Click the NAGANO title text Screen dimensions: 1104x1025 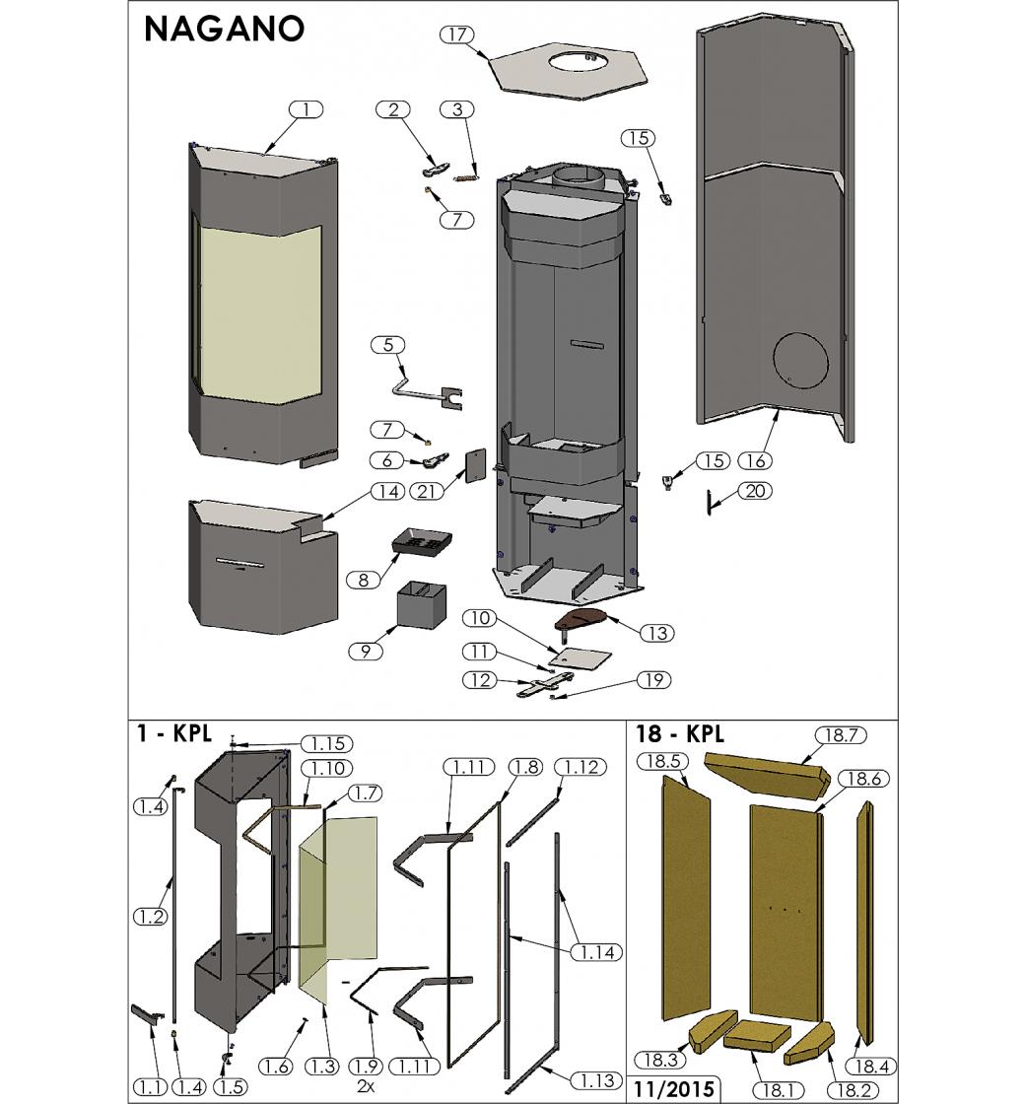[x=224, y=29]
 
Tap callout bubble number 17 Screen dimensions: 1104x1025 [x=456, y=34]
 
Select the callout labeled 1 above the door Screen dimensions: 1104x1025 [x=307, y=109]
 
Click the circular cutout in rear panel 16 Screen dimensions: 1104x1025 [x=801, y=361]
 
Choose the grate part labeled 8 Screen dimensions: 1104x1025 [x=423, y=541]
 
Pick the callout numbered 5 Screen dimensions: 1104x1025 [x=388, y=344]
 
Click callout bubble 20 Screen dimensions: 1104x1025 [x=754, y=491]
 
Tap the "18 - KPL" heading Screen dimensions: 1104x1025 [x=680, y=734]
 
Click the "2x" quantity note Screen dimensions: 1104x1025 [x=370, y=1086]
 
